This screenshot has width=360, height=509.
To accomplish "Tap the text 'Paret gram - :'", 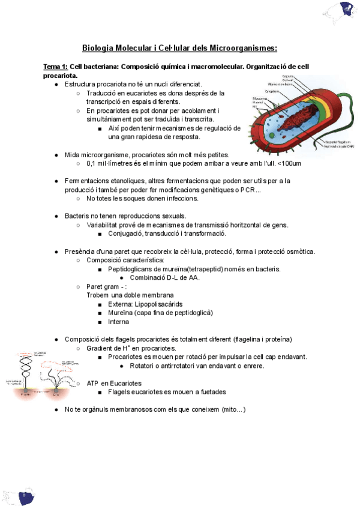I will point(107,286).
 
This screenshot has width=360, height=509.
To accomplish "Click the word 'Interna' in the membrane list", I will point(119,322).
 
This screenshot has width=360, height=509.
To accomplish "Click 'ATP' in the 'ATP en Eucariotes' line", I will point(92,383).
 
